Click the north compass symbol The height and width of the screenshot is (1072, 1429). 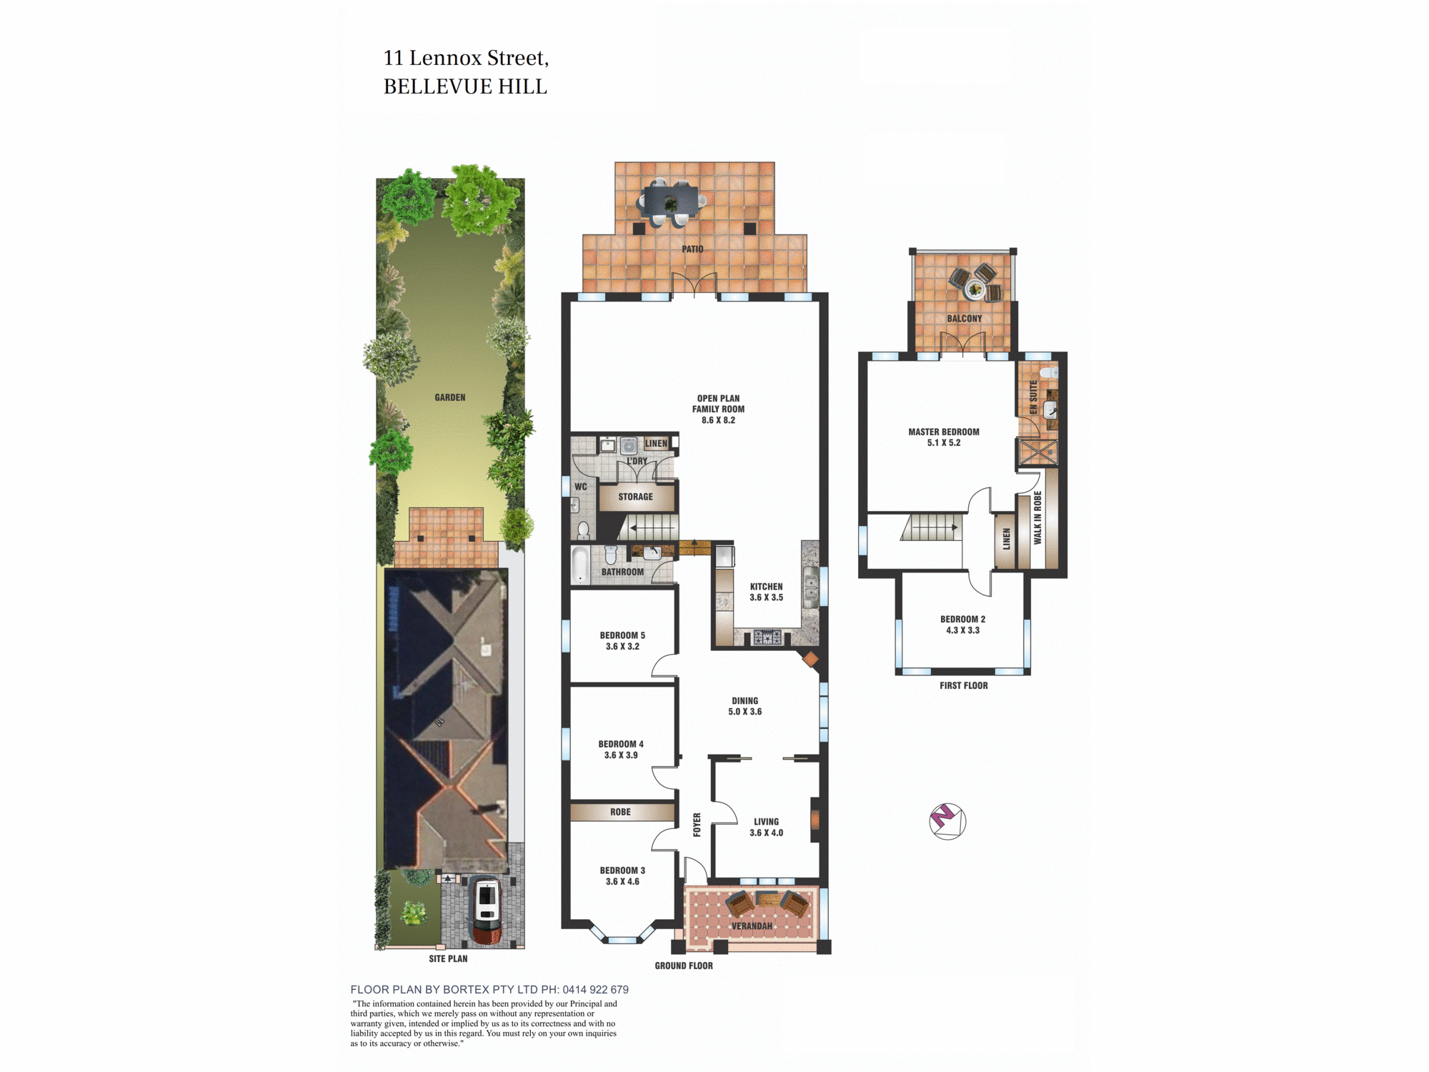(947, 820)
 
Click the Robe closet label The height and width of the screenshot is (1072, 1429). (620, 812)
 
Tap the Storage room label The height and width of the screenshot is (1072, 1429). (635, 497)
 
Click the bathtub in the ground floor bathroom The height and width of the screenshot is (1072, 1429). (581, 565)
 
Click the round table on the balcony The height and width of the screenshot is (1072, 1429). (974, 289)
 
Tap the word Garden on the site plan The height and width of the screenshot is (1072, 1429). (450, 397)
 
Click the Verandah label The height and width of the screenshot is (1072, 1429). (752, 926)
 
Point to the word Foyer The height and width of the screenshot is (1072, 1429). (697, 825)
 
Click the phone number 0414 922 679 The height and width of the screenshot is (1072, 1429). (595, 990)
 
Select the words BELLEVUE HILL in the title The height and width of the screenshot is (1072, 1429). (465, 86)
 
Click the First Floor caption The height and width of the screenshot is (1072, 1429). (963, 685)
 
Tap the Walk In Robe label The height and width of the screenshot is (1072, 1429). (1037, 517)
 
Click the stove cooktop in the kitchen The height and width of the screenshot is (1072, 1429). (767, 637)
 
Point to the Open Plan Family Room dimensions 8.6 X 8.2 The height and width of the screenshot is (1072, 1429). (718, 420)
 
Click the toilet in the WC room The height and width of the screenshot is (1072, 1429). (583, 530)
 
